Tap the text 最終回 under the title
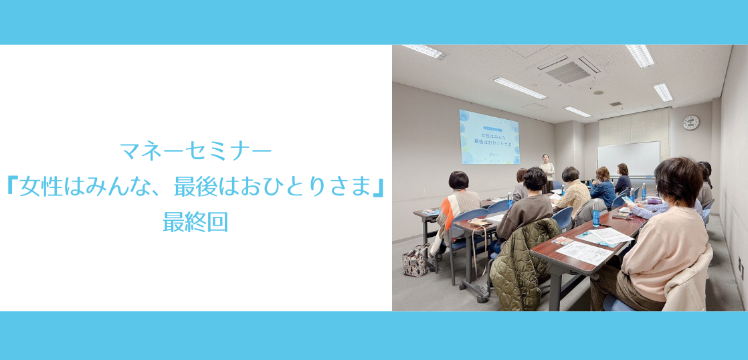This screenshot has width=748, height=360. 195,223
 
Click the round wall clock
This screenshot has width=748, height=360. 690,122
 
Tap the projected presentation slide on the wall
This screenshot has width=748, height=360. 489,137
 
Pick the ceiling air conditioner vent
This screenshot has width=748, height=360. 569,68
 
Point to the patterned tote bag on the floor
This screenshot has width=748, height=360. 415,260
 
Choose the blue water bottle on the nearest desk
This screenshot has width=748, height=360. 595,214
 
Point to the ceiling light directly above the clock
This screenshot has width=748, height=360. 663,92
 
